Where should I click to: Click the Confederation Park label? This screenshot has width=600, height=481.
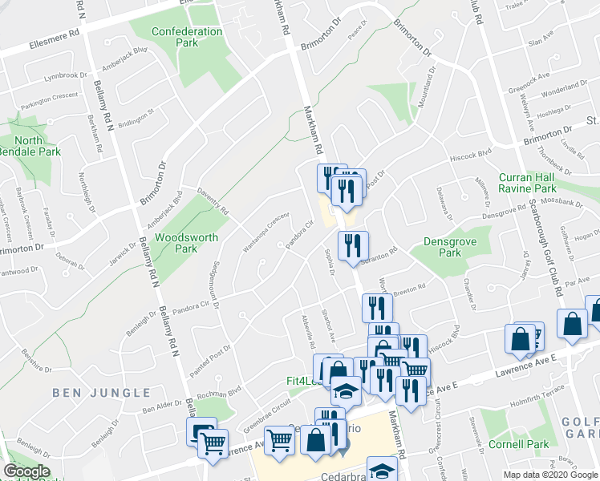tap(188, 37)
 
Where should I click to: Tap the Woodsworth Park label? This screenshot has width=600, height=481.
tap(176, 243)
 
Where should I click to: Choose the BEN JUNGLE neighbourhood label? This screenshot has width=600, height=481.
tap(101, 393)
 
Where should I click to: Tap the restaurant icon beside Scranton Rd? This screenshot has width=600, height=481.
tap(353, 245)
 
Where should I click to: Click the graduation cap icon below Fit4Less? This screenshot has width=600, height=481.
tap(346, 391)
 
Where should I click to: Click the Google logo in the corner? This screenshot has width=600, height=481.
tap(26, 471)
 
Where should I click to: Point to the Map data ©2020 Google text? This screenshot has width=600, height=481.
tap(550, 475)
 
